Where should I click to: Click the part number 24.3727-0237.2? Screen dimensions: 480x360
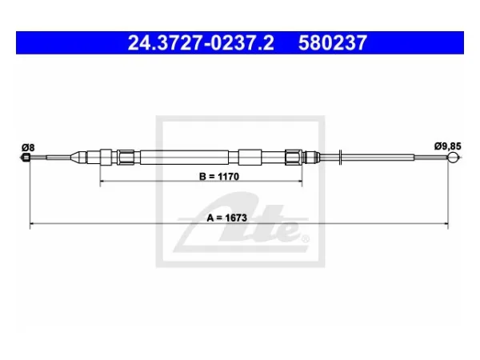pos(201,42)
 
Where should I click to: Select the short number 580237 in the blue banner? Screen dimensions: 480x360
pos(333,42)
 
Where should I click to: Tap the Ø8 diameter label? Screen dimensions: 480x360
pos(28,148)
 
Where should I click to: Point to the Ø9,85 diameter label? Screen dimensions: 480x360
pos(447,146)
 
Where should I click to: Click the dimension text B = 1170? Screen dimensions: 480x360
pos(219,177)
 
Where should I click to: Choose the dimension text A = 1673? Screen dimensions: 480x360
pos(227,218)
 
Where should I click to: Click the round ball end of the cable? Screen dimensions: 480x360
pos(454,158)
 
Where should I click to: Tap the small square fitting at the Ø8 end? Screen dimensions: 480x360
pos(26,158)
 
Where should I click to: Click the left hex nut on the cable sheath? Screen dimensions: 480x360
pos(126,158)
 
